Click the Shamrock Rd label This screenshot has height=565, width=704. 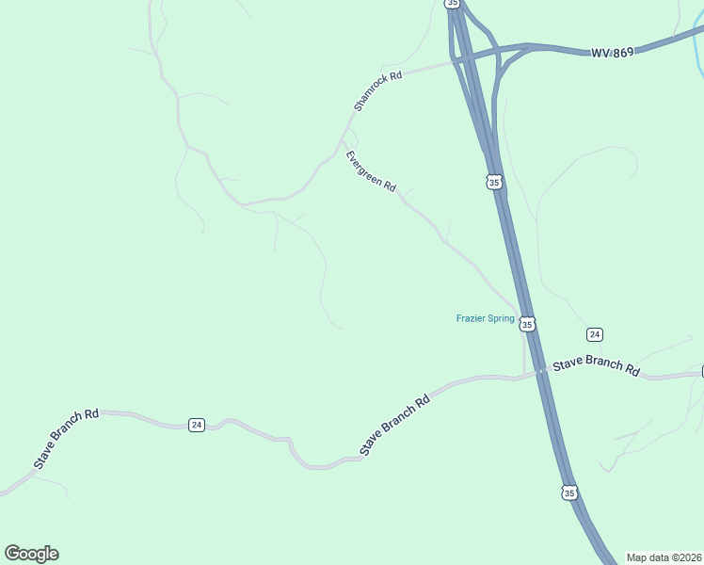[377, 90]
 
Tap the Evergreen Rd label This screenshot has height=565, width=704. [370, 171]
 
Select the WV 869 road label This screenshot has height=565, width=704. [612, 52]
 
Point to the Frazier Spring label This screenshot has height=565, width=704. [485, 318]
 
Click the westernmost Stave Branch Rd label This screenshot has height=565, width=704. [67, 439]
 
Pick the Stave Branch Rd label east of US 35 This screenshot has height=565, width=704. [596, 366]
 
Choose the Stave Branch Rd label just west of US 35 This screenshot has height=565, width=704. [395, 426]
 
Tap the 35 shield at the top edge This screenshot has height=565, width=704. [453, 4]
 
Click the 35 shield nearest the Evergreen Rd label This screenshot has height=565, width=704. [494, 182]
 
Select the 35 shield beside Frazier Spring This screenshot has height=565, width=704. [527, 324]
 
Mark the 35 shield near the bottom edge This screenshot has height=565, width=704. [568, 492]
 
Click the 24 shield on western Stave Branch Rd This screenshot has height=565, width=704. [196, 425]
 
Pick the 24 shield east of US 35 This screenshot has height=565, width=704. [594, 334]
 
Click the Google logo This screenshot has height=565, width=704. [31, 554]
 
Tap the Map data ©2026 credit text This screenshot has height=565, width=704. [664, 557]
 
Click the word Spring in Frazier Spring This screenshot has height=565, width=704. [501, 318]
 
